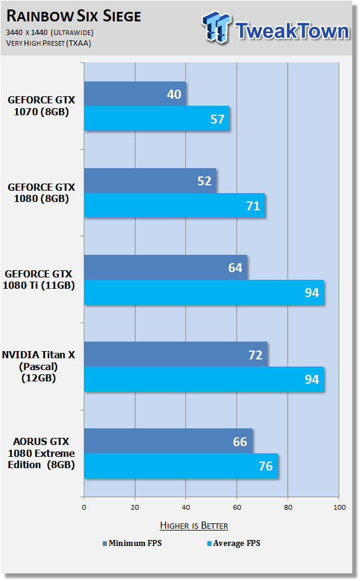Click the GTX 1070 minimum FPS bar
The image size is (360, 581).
(x=135, y=94)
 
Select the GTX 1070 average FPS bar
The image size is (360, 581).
(x=157, y=119)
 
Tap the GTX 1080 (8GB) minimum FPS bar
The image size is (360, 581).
(x=150, y=181)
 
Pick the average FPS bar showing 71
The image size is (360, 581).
(x=175, y=206)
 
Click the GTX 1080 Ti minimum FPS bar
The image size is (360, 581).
(x=166, y=267)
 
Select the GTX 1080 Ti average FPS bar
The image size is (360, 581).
(x=204, y=292)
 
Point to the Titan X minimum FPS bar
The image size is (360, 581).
(x=176, y=354)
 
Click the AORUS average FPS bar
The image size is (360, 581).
(x=181, y=466)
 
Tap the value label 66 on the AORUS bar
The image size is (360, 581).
(x=240, y=441)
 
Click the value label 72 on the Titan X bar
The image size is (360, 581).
(x=255, y=355)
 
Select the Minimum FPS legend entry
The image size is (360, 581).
(x=132, y=543)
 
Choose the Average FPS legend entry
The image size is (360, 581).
(x=233, y=543)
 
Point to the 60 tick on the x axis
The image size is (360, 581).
(x=237, y=507)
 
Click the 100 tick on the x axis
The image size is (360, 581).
(x=339, y=507)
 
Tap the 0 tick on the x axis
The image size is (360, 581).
(x=84, y=507)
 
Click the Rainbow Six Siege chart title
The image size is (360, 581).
(x=74, y=16)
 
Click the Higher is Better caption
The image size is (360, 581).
(x=194, y=525)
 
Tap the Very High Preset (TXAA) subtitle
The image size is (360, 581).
(x=49, y=43)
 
